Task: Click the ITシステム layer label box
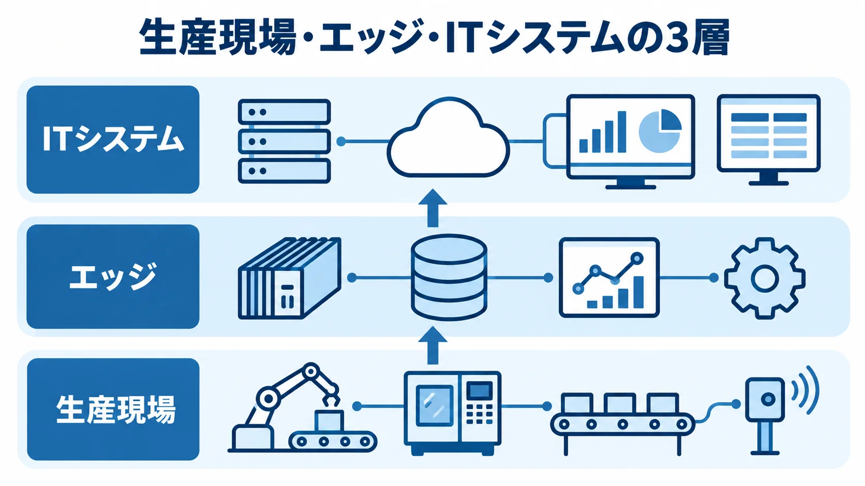click(x=113, y=140)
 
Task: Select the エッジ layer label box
click(x=113, y=277)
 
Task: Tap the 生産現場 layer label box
click(x=113, y=409)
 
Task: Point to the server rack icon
click(x=284, y=141)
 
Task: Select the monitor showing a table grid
click(x=768, y=140)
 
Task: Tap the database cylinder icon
click(x=449, y=277)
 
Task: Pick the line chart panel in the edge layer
click(x=609, y=277)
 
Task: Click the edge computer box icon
click(x=290, y=278)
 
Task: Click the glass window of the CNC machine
click(x=434, y=406)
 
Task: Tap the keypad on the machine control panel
click(x=479, y=414)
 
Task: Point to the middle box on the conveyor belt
click(x=620, y=403)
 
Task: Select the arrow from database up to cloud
click(x=433, y=208)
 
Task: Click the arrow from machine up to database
click(x=433, y=345)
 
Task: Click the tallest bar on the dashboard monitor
click(x=622, y=132)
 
